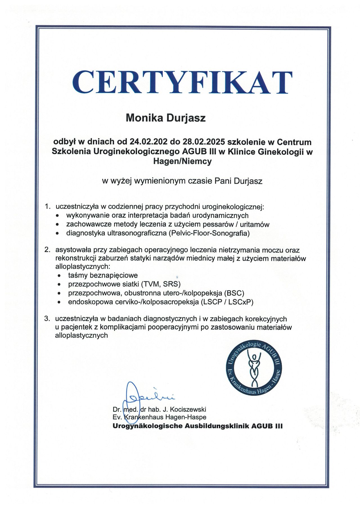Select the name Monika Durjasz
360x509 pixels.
tap(166, 118)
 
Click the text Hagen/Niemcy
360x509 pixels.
tap(182, 162)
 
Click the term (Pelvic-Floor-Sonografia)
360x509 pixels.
tap(210, 233)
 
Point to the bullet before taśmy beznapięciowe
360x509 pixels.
tap(59, 276)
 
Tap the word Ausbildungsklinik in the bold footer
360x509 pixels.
tap(216, 426)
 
